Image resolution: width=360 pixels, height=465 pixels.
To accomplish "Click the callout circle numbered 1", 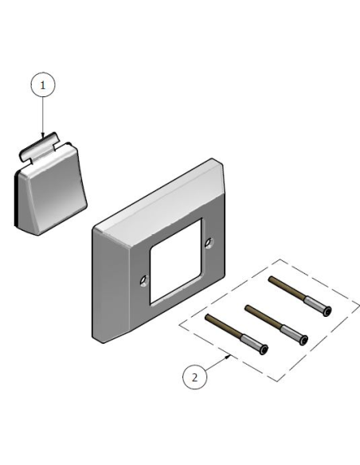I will pyautogui.click(x=44, y=84).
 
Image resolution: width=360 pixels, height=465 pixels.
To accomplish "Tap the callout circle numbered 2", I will pyautogui.click(x=193, y=377).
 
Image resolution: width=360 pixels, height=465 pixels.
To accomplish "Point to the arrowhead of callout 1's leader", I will pyautogui.click(x=44, y=137).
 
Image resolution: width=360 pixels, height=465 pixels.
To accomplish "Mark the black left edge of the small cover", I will pyautogui.click(x=17, y=199).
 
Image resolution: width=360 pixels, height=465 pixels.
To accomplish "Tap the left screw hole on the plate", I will pyautogui.click(x=143, y=279).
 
